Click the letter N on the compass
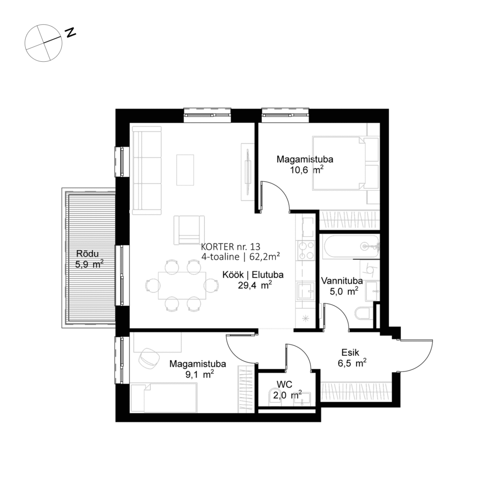[71, 32]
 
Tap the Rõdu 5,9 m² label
[89, 259]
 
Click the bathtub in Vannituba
[349, 246]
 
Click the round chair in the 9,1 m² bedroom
[151, 358]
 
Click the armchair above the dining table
[189, 230]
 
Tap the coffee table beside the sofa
[185, 169]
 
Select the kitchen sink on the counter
[304, 290]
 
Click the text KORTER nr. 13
[231, 246]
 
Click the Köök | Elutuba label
[253, 274]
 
